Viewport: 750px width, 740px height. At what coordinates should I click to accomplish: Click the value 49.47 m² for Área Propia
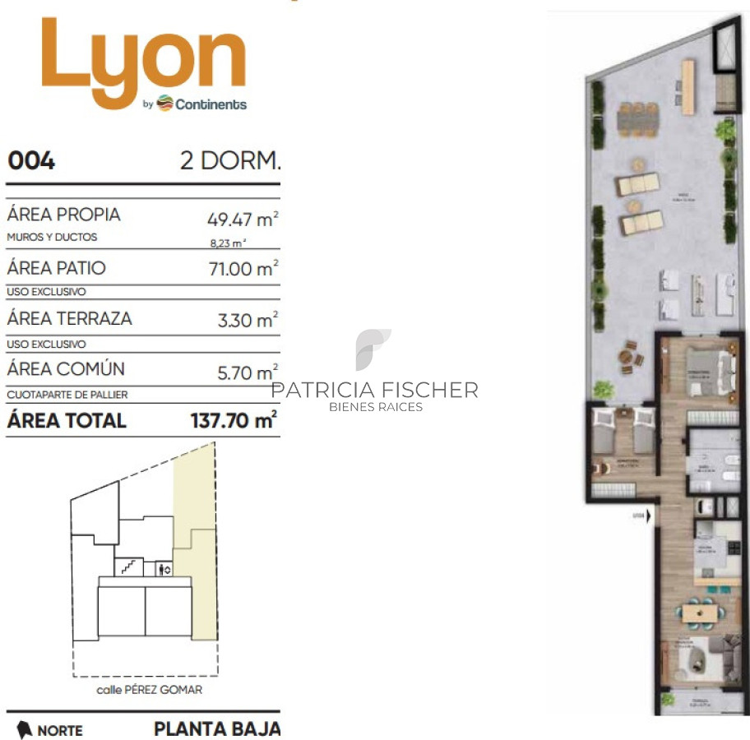coord(242,220)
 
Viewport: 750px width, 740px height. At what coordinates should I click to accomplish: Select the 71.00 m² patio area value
coord(243,269)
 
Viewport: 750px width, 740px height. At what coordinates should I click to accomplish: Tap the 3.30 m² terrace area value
coord(247,320)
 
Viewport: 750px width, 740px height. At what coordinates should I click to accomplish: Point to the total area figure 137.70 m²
coord(233,421)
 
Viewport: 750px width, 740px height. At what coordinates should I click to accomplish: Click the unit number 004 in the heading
coord(31,160)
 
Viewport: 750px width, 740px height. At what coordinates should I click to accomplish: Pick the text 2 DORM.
coord(229,160)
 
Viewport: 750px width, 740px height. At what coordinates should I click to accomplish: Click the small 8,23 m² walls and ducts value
coord(229,243)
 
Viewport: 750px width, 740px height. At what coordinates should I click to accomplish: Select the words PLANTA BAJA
coord(216,728)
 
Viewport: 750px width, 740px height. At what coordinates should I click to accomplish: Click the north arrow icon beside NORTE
coord(24,729)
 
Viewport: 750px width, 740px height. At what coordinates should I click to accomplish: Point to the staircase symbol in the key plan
coord(127,566)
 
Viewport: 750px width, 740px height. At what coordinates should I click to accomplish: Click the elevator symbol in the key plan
coord(162,568)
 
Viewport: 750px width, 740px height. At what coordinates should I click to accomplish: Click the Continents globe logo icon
coord(164,104)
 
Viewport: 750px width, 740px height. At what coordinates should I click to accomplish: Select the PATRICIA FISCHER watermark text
coord(374,390)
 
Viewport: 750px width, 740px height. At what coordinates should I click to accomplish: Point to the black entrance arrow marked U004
coord(649,516)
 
